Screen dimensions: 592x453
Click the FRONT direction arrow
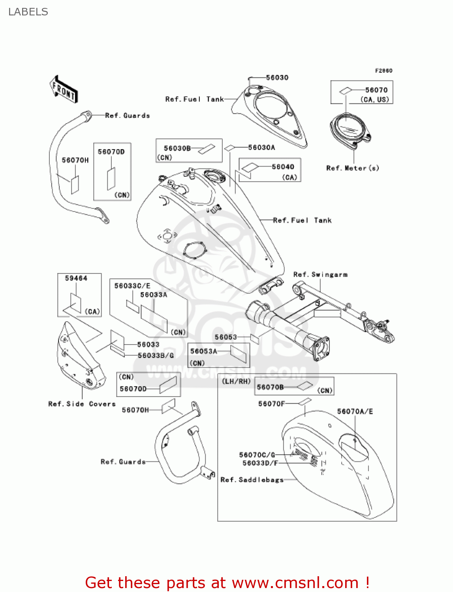(63, 90)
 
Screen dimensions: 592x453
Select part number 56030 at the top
(277, 78)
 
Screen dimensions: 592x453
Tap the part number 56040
(283, 167)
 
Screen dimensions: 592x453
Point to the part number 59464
(76, 279)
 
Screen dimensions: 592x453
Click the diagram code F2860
(383, 71)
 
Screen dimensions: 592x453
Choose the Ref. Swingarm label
(320, 275)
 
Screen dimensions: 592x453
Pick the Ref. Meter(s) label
(352, 168)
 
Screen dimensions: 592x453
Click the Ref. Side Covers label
(82, 404)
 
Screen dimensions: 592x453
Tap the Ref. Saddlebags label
(252, 480)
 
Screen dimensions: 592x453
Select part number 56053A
(204, 351)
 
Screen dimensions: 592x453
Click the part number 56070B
(270, 387)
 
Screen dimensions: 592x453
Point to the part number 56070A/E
(355, 412)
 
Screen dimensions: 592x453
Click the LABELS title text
(28, 12)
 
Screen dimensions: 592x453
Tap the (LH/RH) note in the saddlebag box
(236, 381)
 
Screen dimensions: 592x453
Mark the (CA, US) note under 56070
(374, 99)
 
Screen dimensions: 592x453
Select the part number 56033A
(154, 295)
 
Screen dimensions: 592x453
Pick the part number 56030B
(177, 148)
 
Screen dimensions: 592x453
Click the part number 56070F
(271, 404)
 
